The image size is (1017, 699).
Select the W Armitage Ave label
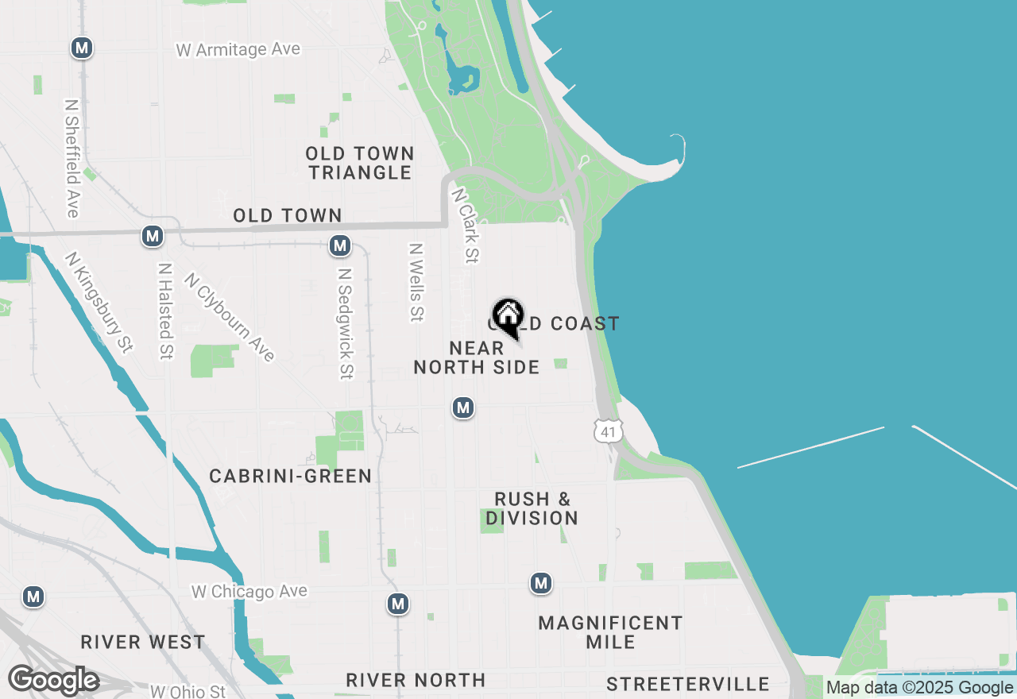click(x=238, y=49)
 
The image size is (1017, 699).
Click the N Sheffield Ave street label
click(x=72, y=158)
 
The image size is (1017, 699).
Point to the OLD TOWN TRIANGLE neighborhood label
click(x=360, y=163)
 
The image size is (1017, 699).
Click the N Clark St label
click(x=466, y=226)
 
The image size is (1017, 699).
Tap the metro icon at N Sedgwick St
click(x=340, y=245)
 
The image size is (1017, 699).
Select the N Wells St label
click(x=415, y=282)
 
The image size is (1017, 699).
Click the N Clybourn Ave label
click(x=229, y=317)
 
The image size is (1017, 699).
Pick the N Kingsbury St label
click(x=99, y=302)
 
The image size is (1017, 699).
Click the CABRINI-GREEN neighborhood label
click(x=290, y=476)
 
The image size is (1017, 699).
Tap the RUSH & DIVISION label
click(x=532, y=508)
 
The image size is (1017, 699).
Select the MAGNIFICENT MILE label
click(x=610, y=632)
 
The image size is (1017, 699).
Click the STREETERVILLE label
click(x=687, y=684)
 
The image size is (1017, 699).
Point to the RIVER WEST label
click(x=143, y=642)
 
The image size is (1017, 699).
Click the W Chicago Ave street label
click(x=249, y=592)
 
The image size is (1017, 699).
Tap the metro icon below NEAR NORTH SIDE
click(x=463, y=407)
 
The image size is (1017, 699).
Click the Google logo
click(x=53, y=681)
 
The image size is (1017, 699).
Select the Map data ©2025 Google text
click(x=919, y=688)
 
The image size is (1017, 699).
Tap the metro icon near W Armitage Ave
click(x=81, y=48)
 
